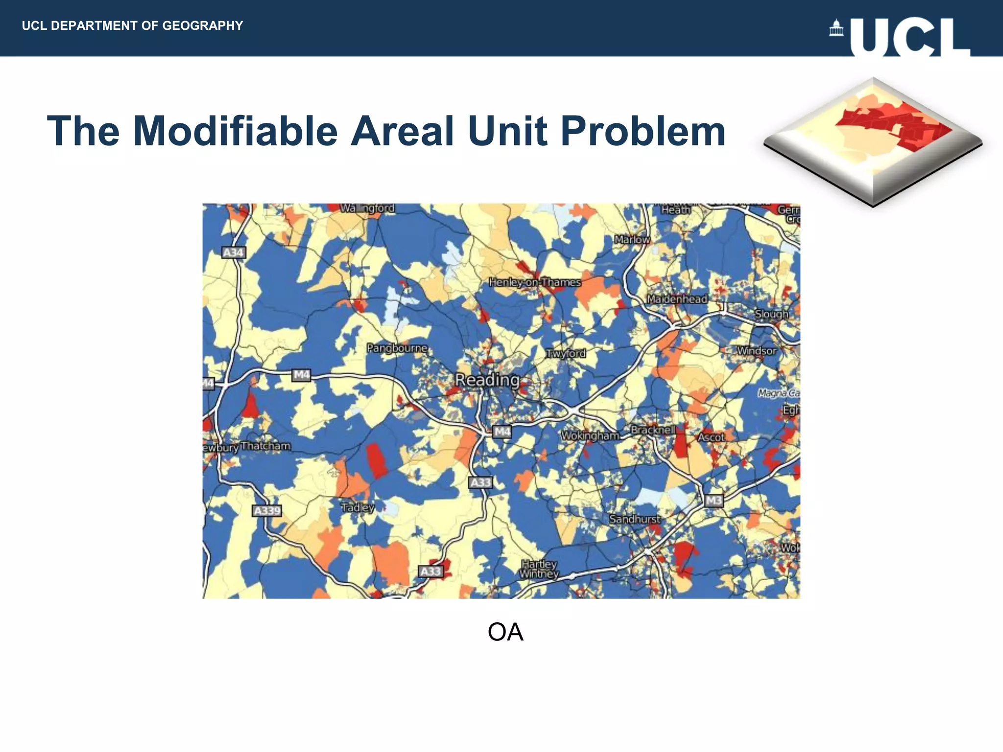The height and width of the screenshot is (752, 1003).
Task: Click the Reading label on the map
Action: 487,380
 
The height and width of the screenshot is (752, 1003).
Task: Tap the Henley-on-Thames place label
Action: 535,282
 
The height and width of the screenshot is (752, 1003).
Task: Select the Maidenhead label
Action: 677,299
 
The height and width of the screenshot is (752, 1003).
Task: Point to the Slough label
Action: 771,314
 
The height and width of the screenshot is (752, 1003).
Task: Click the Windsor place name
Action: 757,351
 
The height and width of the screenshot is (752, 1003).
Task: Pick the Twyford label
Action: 566,353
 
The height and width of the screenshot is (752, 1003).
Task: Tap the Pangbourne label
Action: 397,348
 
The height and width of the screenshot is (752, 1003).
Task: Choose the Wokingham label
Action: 590,435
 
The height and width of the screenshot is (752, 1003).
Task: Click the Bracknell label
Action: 653,429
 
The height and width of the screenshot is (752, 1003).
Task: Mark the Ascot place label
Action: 711,437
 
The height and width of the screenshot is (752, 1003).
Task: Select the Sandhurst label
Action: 635,519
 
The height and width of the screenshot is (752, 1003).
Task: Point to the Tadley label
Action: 358,507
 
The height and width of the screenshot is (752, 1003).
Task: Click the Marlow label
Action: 632,239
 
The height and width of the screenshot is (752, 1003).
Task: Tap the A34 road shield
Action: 233,253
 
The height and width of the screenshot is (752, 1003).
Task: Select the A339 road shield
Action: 267,511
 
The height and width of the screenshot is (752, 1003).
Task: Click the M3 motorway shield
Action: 714,500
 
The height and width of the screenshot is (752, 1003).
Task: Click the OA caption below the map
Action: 505,632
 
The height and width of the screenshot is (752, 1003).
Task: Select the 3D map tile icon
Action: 873,142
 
